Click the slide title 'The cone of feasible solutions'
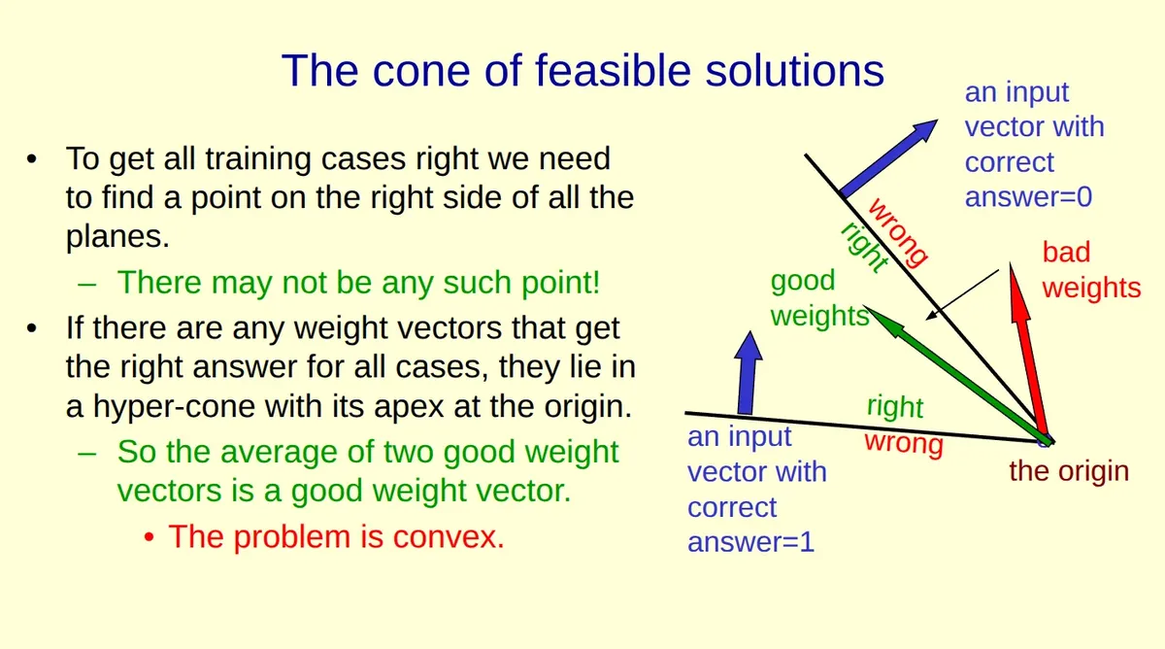[582, 71]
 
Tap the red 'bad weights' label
[1091, 270]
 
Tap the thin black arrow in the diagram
[961, 293]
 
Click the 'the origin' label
[1069, 472]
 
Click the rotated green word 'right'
[862, 248]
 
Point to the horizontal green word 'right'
[894, 406]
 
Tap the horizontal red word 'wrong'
[903, 444]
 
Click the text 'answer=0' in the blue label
[1028, 197]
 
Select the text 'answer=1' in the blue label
[750, 542]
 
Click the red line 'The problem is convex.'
[336, 536]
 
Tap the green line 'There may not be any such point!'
[358, 283]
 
